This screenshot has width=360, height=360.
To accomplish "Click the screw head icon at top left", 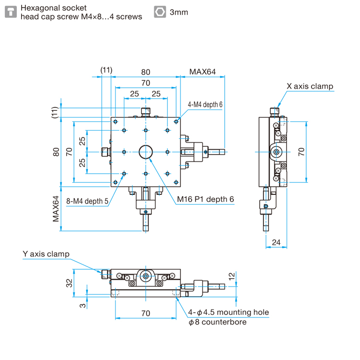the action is (x=11, y=12).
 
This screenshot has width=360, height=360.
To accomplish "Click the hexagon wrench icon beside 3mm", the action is (x=160, y=12).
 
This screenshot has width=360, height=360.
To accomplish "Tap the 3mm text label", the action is (x=179, y=12).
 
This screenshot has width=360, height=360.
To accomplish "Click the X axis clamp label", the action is (x=310, y=86).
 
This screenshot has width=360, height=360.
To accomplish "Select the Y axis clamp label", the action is (x=46, y=254).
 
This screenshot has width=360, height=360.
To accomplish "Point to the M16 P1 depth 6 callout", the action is (x=205, y=199).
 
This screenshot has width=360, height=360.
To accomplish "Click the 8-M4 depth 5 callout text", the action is (x=87, y=201).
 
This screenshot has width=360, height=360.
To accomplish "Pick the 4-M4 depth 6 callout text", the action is (x=205, y=105).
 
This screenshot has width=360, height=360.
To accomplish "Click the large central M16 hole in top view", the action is (x=145, y=152).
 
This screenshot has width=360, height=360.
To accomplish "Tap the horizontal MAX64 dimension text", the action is (x=202, y=72).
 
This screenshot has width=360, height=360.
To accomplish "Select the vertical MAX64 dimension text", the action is (x=56, y=209).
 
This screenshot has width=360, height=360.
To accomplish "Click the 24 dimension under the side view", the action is (x=276, y=242).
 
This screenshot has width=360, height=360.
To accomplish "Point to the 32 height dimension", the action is (x=69, y=283).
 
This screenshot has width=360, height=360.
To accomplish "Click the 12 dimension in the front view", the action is (x=232, y=276).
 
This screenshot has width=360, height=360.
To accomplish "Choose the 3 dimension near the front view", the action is (x=83, y=306).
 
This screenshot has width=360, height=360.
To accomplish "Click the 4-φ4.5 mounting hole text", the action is (x=228, y=312).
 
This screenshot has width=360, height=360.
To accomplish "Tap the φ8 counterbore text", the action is (x=217, y=322).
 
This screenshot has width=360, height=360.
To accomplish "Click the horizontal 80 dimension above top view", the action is (x=145, y=72).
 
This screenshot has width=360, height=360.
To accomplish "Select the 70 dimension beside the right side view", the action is (x=301, y=152).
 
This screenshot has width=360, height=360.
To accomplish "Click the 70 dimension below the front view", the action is (x=145, y=313).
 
